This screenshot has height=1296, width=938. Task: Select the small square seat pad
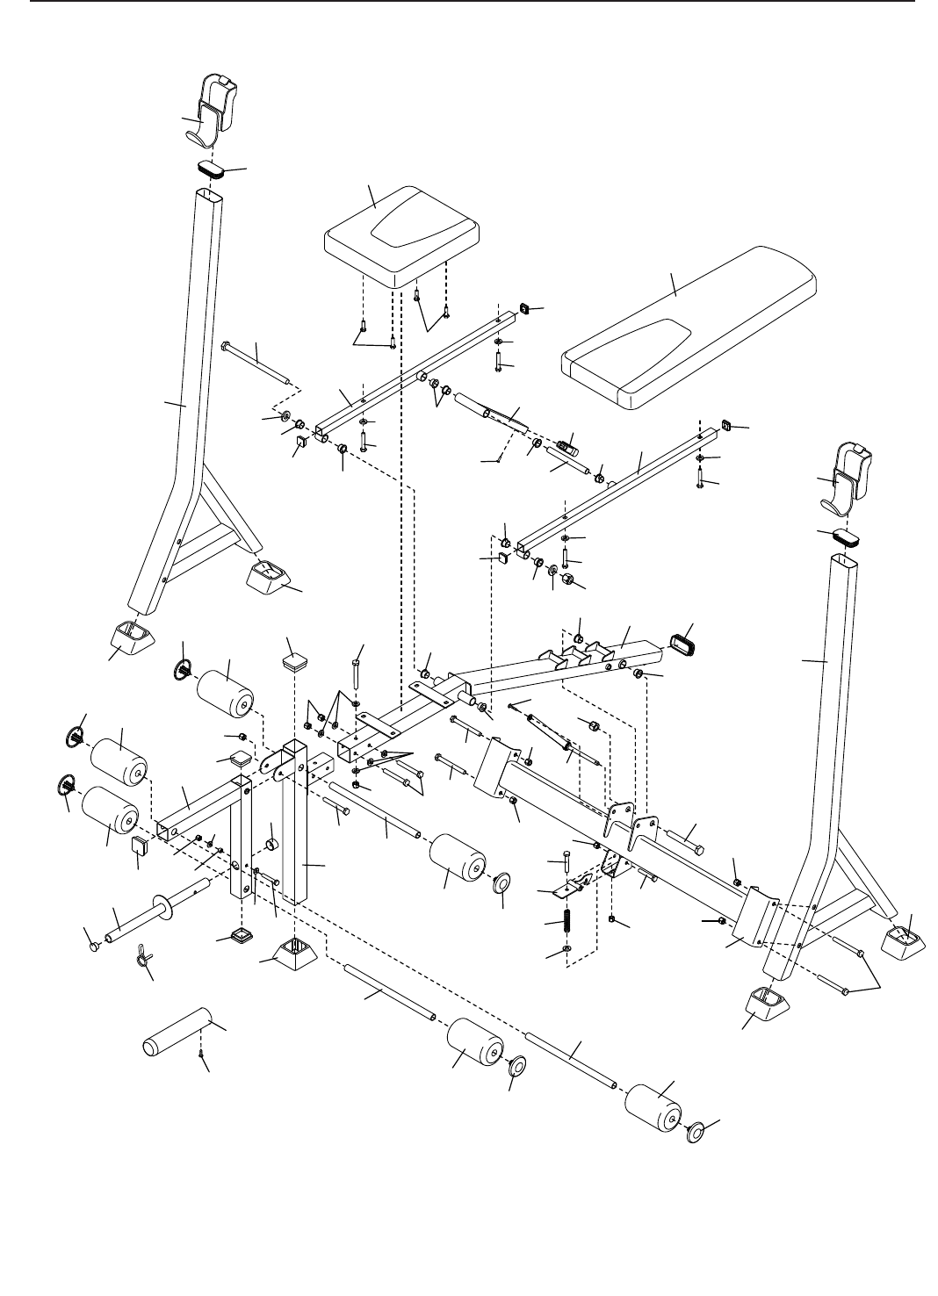[x=402, y=234]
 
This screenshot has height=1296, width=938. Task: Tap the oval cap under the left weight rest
[x=209, y=168]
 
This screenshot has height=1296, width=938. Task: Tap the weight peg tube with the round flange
[x=149, y=914]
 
